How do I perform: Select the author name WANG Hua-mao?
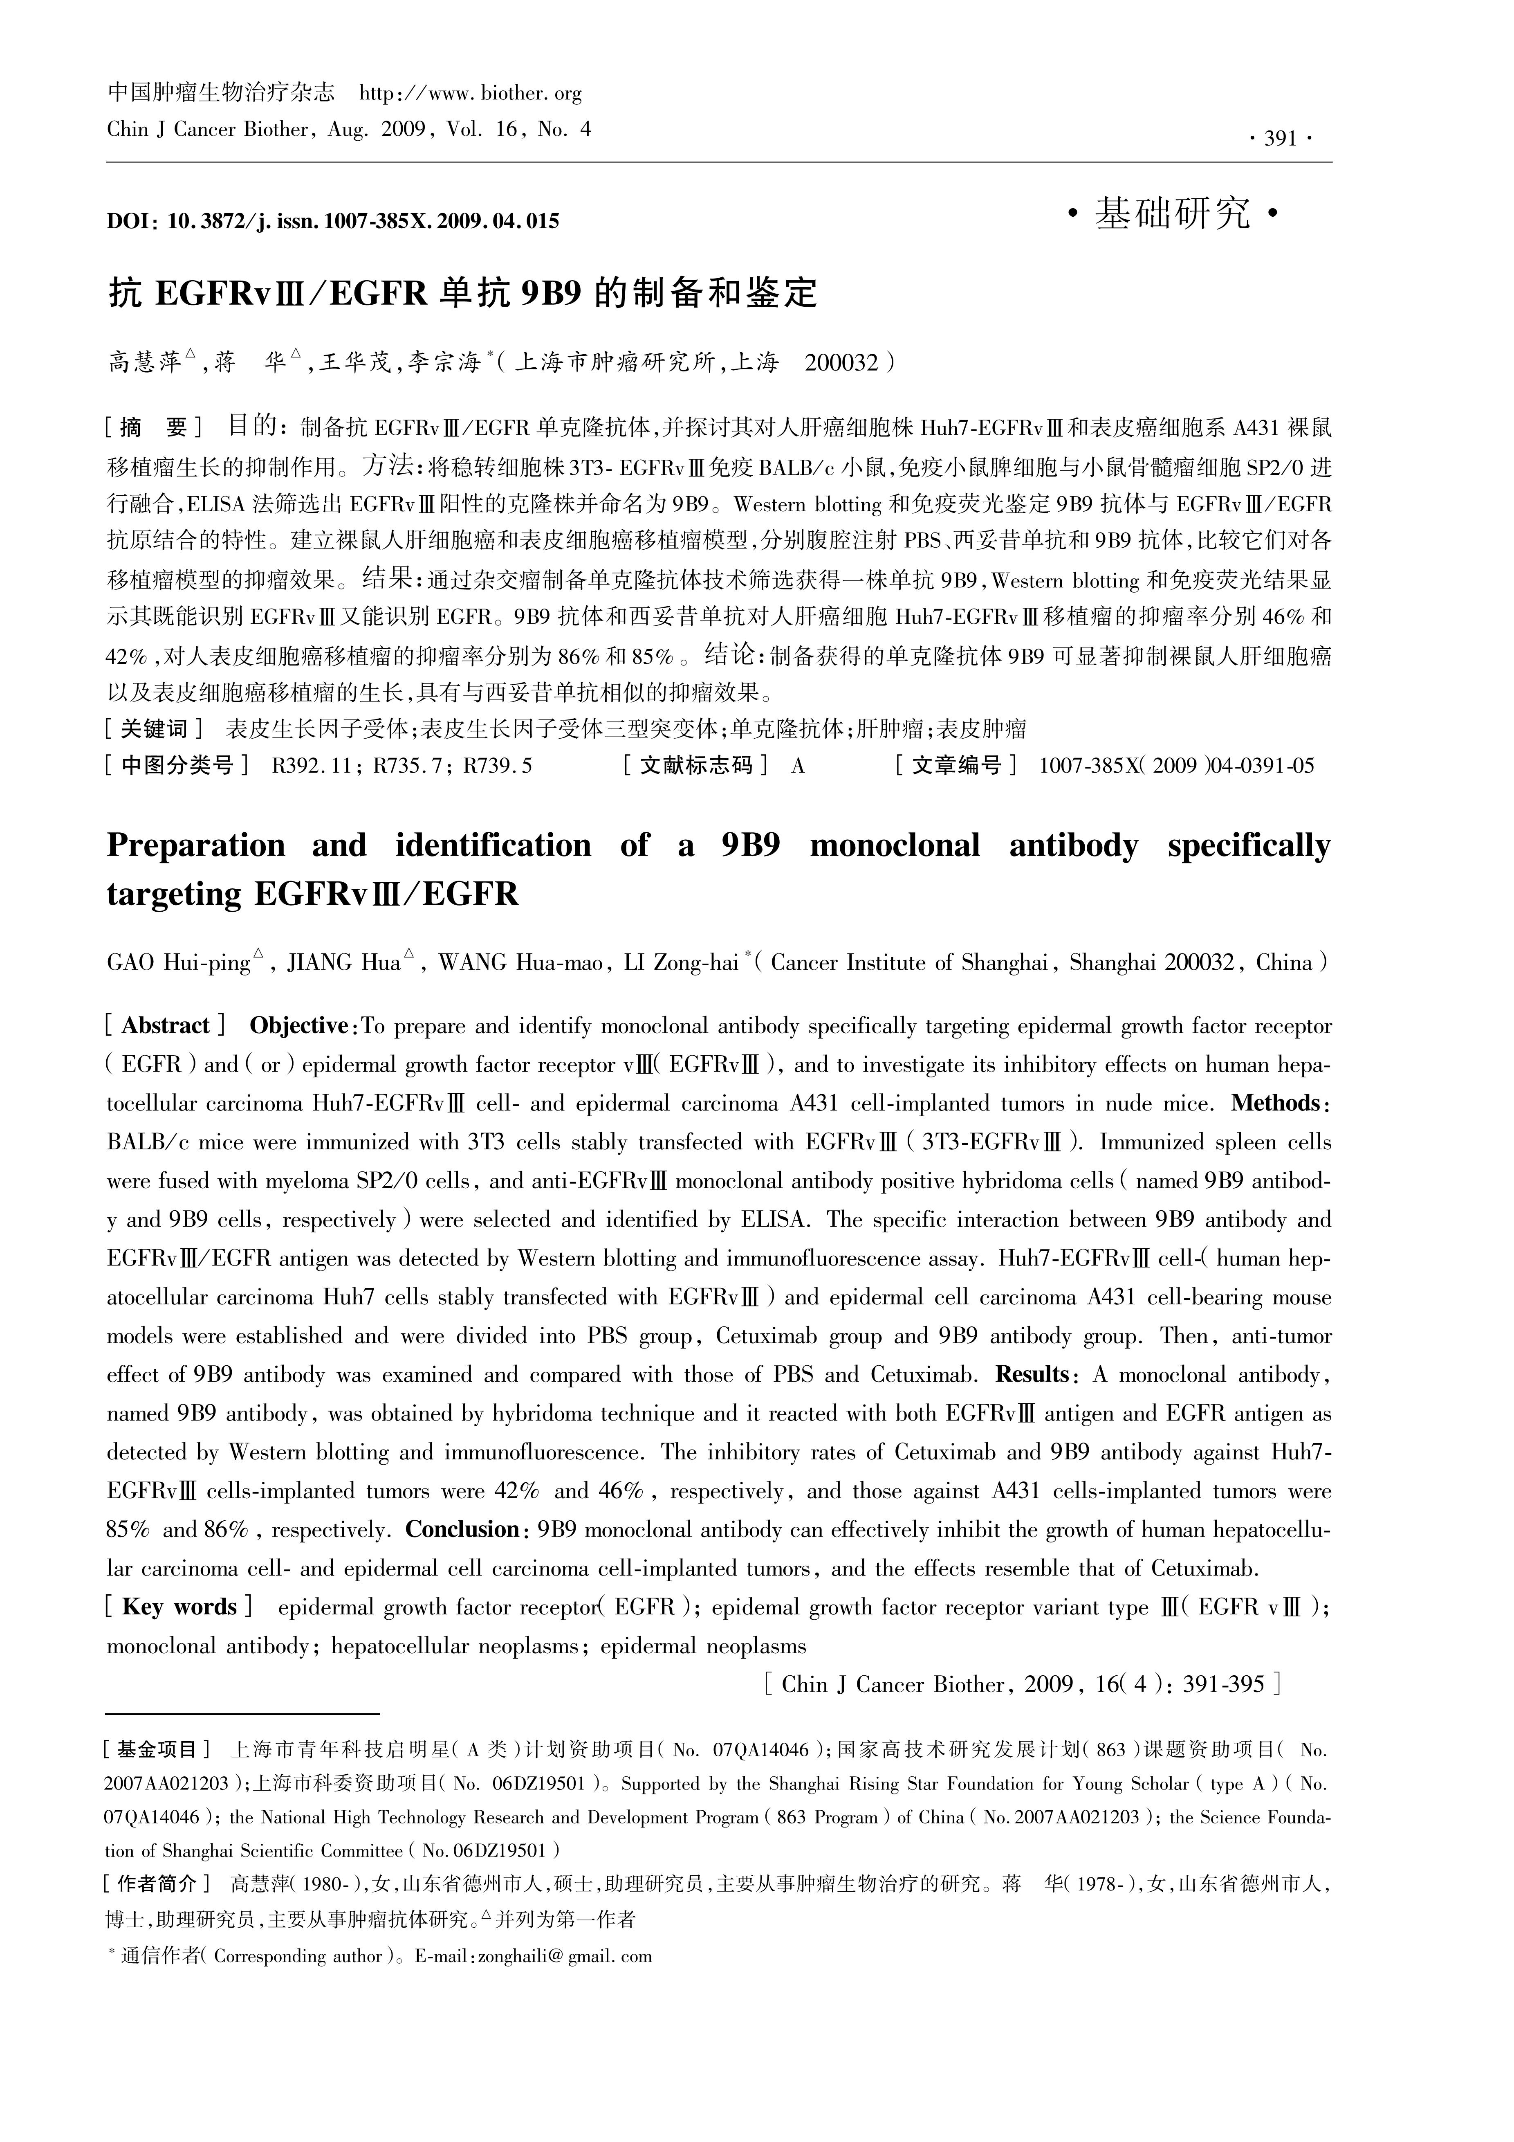pos(520,963)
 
